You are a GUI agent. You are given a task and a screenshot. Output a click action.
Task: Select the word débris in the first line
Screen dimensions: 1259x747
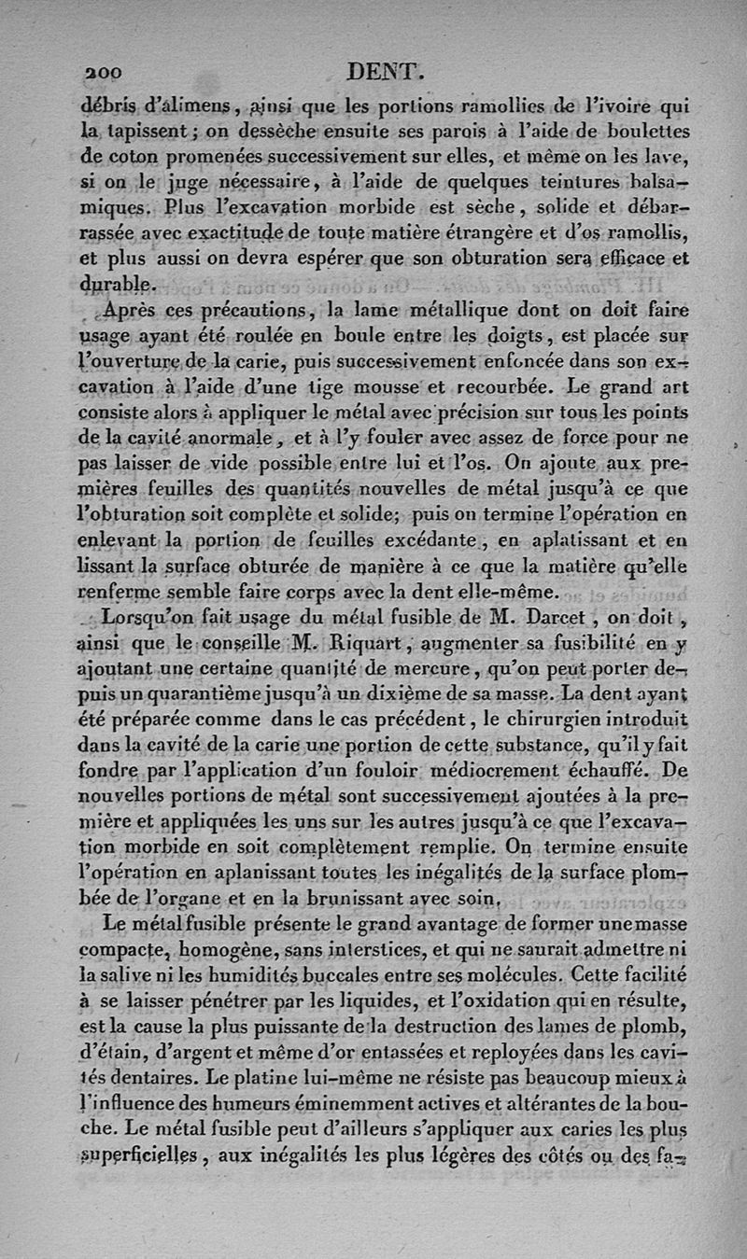tap(110, 105)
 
